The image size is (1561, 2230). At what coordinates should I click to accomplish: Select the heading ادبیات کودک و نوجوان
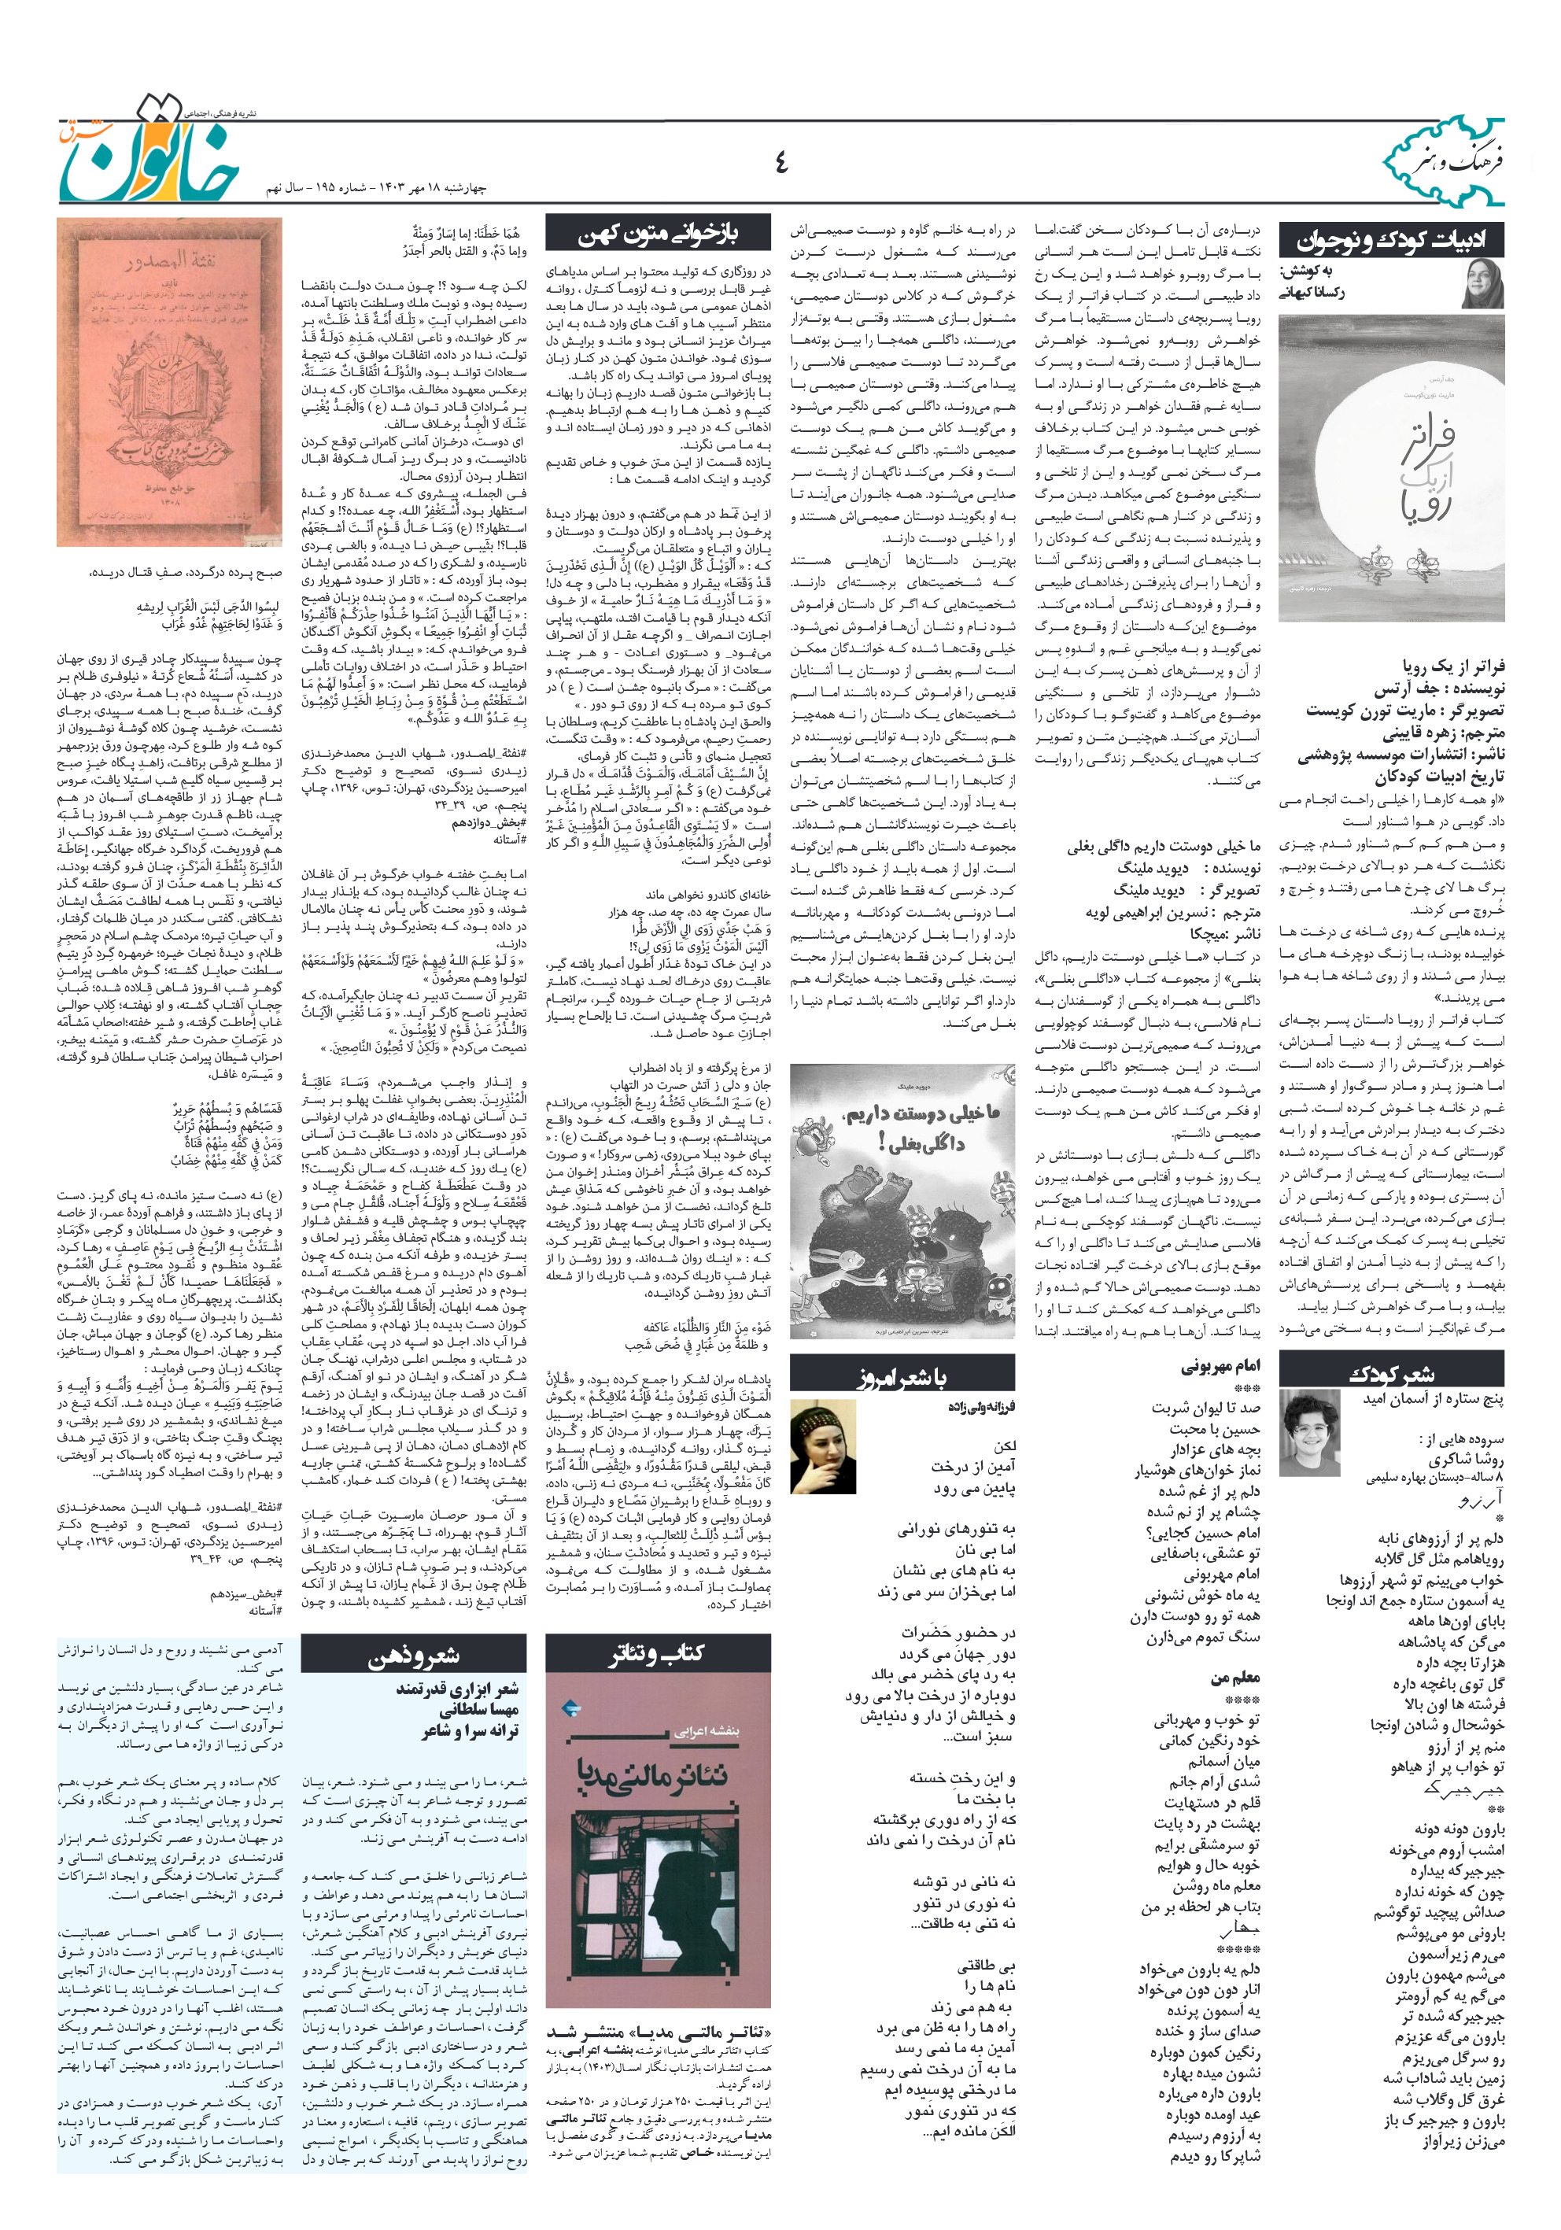[1391, 240]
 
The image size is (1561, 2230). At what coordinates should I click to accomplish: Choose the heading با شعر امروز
[902, 1377]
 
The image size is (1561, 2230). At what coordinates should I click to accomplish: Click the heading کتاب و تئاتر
[658, 1653]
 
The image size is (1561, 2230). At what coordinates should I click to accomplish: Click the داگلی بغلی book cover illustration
[902, 1202]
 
